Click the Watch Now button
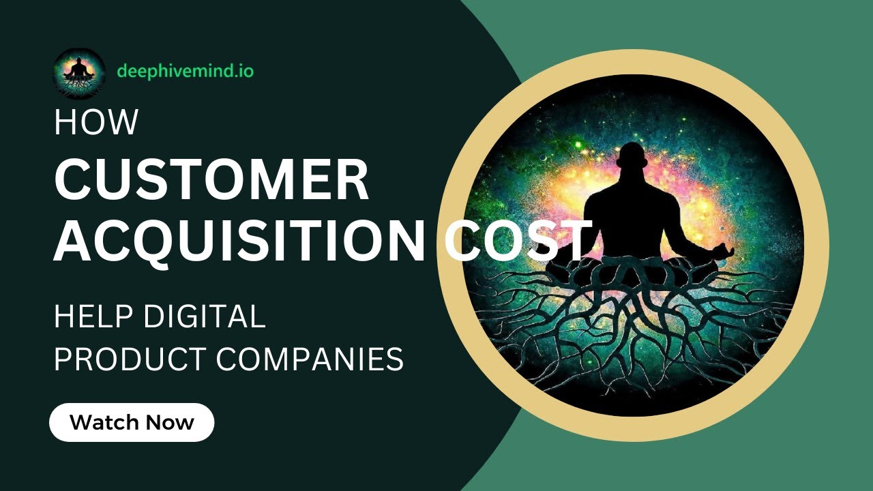[x=132, y=422]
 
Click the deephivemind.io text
[x=185, y=71]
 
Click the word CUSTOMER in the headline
[x=211, y=180]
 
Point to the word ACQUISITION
[x=239, y=241]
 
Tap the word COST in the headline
[x=518, y=241]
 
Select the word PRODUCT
[x=128, y=359]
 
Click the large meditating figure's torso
[x=631, y=218]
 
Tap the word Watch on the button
[x=103, y=422]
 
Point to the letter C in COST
[x=466, y=241]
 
